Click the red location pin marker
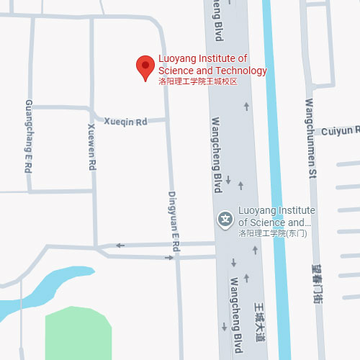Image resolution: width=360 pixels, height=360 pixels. pyautogui.click(x=145, y=68)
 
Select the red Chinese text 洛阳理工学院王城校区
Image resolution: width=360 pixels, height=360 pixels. pyautogui.click(x=197, y=82)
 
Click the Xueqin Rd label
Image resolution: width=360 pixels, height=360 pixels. pyautogui.click(x=125, y=122)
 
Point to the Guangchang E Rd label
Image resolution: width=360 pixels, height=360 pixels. pyautogui.click(x=29, y=145)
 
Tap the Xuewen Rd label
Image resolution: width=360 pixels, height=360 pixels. pyautogui.click(x=91, y=147)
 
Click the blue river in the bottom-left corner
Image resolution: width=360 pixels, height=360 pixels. pyautogui.click(x=43, y=288)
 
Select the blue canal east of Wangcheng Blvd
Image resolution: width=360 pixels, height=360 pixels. pyautogui.click(x=276, y=180)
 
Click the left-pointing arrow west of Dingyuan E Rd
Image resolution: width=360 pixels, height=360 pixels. pyautogui.click(x=120, y=246)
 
